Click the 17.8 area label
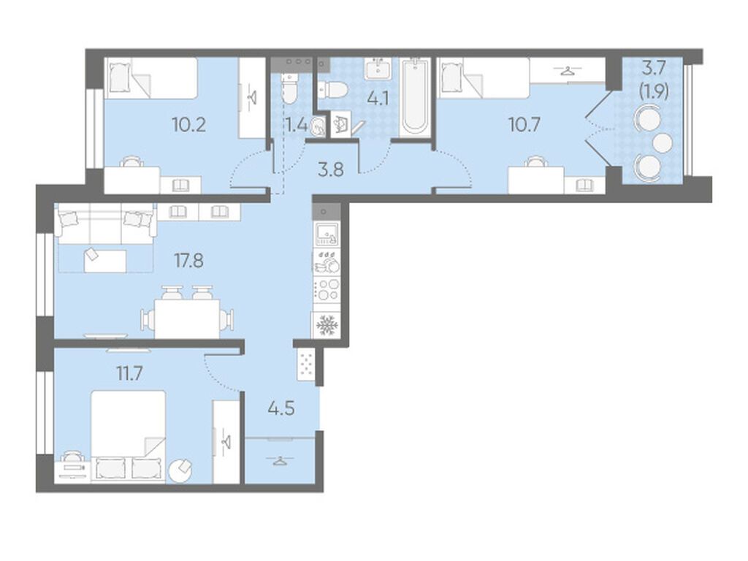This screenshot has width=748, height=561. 189,261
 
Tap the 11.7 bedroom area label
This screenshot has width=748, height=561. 130,373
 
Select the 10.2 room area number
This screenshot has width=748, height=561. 189,125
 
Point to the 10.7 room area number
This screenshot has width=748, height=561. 524,125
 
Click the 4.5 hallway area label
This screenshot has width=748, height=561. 281,409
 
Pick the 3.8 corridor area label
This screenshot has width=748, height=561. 331,169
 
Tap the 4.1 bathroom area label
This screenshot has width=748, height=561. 378,99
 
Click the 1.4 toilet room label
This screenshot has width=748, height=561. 297,126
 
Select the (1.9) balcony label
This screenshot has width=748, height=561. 654,91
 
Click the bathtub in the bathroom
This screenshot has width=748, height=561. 415,97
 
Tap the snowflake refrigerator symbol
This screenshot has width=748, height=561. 327,325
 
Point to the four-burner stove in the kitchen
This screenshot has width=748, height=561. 327,289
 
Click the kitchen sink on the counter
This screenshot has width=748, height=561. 327,233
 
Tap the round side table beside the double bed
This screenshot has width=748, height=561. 180,470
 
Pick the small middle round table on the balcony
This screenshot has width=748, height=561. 662,142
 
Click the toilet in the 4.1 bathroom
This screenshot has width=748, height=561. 333,91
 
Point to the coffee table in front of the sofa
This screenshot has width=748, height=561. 105,261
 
